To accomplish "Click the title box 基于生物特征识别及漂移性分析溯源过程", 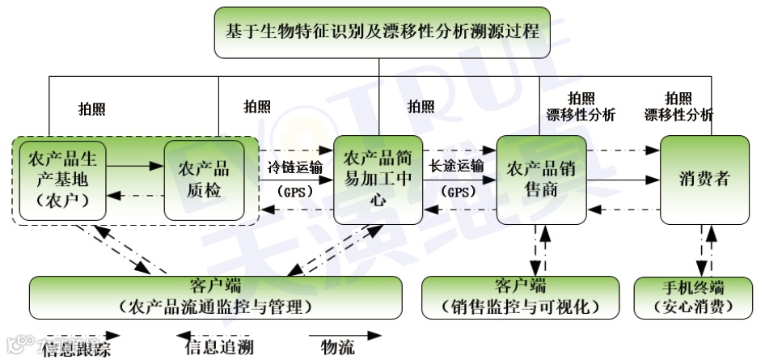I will coord(382,32).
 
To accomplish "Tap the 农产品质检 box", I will coord(203,179).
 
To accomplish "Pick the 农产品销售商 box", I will coord(540,179).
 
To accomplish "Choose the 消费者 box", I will coord(704,178).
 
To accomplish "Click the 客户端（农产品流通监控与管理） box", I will coord(215,297).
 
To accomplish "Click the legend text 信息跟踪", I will coord(78,349).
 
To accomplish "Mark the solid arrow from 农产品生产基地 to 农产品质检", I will coord(135,166).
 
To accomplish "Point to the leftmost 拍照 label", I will coord(91,108).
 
